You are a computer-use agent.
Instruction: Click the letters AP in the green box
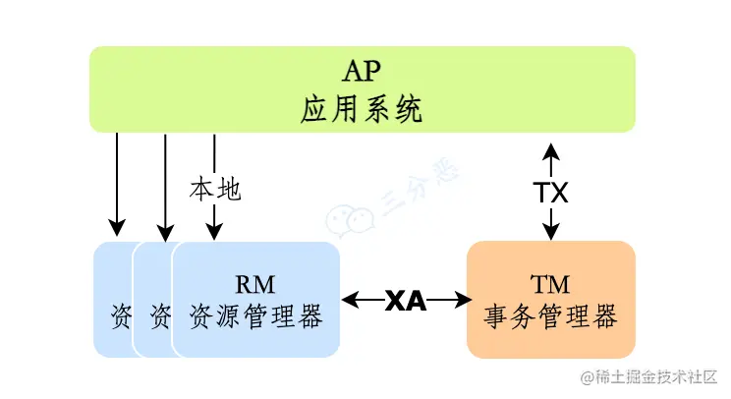click(362, 73)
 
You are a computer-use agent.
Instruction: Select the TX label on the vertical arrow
click(551, 192)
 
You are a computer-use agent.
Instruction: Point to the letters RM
click(255, 284)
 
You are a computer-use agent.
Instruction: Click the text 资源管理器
click(255, 317)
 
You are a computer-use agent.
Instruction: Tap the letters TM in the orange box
click(550, 284)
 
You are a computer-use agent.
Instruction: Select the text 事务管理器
click(550, 317)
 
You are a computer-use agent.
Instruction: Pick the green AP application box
click(197, 88)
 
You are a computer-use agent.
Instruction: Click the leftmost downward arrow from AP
click(117, 182)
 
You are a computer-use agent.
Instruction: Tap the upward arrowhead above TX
click(551, 150)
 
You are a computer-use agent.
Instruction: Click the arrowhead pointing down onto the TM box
click(551, 232)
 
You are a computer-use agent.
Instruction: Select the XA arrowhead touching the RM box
click(349, 300)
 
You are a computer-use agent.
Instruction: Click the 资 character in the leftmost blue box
click(119, 317)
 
